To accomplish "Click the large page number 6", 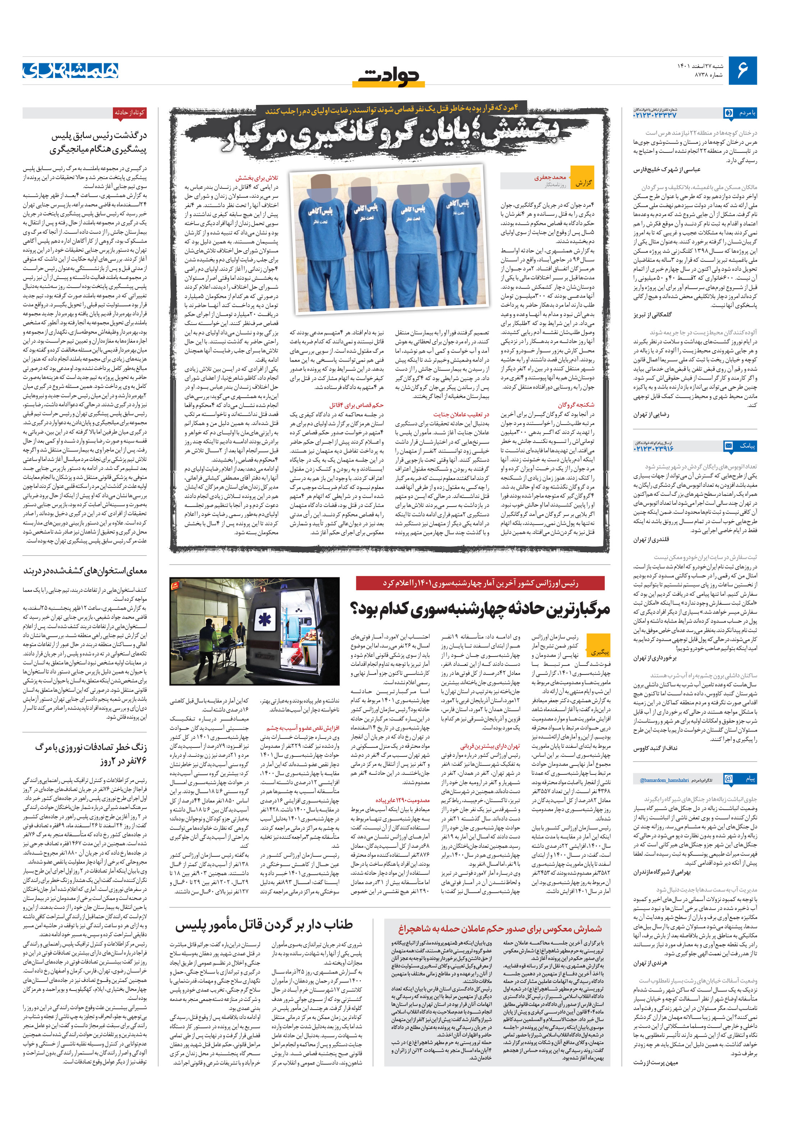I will click(x=742, y=71).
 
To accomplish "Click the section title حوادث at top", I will click(x=389, y=75).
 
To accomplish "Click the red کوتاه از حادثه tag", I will click(x=129, y=113).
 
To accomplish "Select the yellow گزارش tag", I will click(x=583, y=183).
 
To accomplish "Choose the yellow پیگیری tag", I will click(x=599, y=651).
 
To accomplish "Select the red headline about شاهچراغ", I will click(x=500, y=929).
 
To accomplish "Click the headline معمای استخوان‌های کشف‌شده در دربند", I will click(x=85, y=571).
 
